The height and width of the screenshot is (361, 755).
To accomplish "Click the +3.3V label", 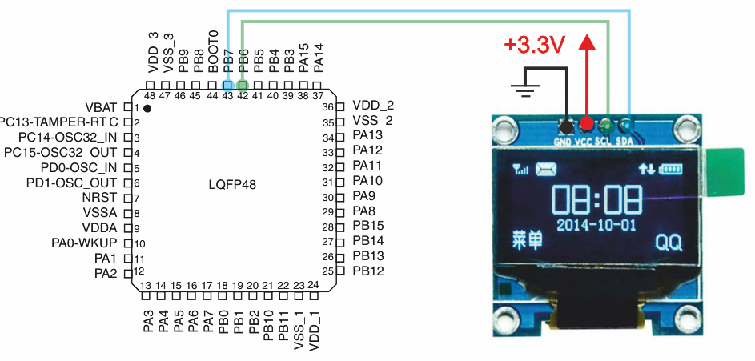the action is [x=534, y=46].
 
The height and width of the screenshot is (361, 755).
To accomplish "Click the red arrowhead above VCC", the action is [x=587, y=42].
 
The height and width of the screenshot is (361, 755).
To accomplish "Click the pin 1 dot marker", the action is [x=147, y=108].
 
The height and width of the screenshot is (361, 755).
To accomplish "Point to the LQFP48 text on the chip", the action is [x=233, y=184].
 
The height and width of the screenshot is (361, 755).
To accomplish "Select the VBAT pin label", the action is [x=101, y=106].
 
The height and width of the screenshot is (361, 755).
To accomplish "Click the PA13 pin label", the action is [x=367, y=136].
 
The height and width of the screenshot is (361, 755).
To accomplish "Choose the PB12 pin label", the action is [x=368, y=271].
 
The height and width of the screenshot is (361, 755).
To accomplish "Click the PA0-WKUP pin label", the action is [x=84, y=243].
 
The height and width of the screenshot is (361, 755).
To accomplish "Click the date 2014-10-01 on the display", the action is [x=596, y=225].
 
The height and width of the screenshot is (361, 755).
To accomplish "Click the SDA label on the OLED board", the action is [x=625, y=142].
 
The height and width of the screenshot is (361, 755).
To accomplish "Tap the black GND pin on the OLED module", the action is [x=567, y=127].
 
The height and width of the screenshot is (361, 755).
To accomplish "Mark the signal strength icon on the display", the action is [x=521, y=170].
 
